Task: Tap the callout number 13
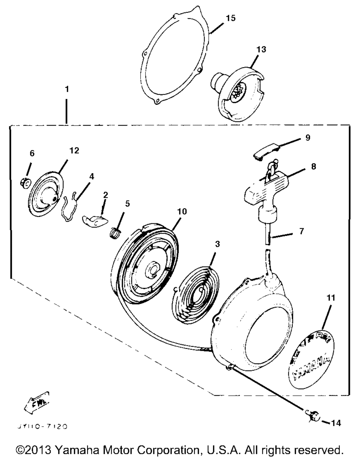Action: (x=261, y=49)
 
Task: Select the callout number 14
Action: (x=336, y=423)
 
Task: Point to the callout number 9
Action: (x=307, y=137)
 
